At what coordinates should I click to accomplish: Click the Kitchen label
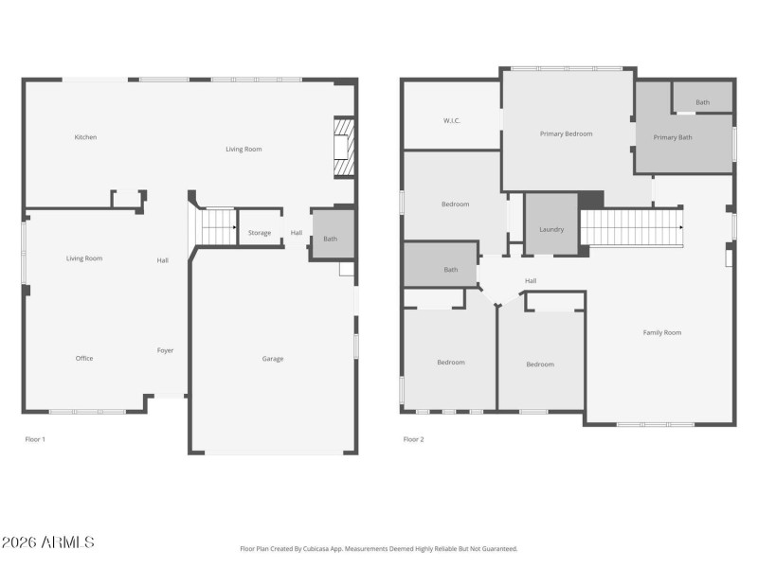tap(85, 137)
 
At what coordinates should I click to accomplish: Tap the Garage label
tap(273, 359)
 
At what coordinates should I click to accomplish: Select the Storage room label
tap(260, 233)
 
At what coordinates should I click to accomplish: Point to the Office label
tap(84, 358)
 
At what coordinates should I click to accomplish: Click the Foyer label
tap(165, 350)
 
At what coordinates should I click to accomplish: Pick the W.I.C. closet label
tap(451, 120)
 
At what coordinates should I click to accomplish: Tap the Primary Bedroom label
tap(566, 133)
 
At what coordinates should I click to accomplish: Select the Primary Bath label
tap(672, 137)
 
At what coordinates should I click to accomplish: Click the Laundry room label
tap(551, 229)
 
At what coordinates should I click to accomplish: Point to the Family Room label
tap(661, 332)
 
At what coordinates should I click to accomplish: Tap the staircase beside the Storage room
tap(217, 227)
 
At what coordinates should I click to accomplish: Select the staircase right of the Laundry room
tap(630, 227)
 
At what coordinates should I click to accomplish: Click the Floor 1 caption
tap(34, 439)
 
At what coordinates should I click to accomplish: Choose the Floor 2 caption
tap(413, 439)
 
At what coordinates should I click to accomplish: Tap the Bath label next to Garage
tap(330, 239)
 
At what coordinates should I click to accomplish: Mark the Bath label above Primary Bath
tap(702, 102)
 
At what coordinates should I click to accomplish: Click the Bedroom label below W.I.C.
tap(455, 204)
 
